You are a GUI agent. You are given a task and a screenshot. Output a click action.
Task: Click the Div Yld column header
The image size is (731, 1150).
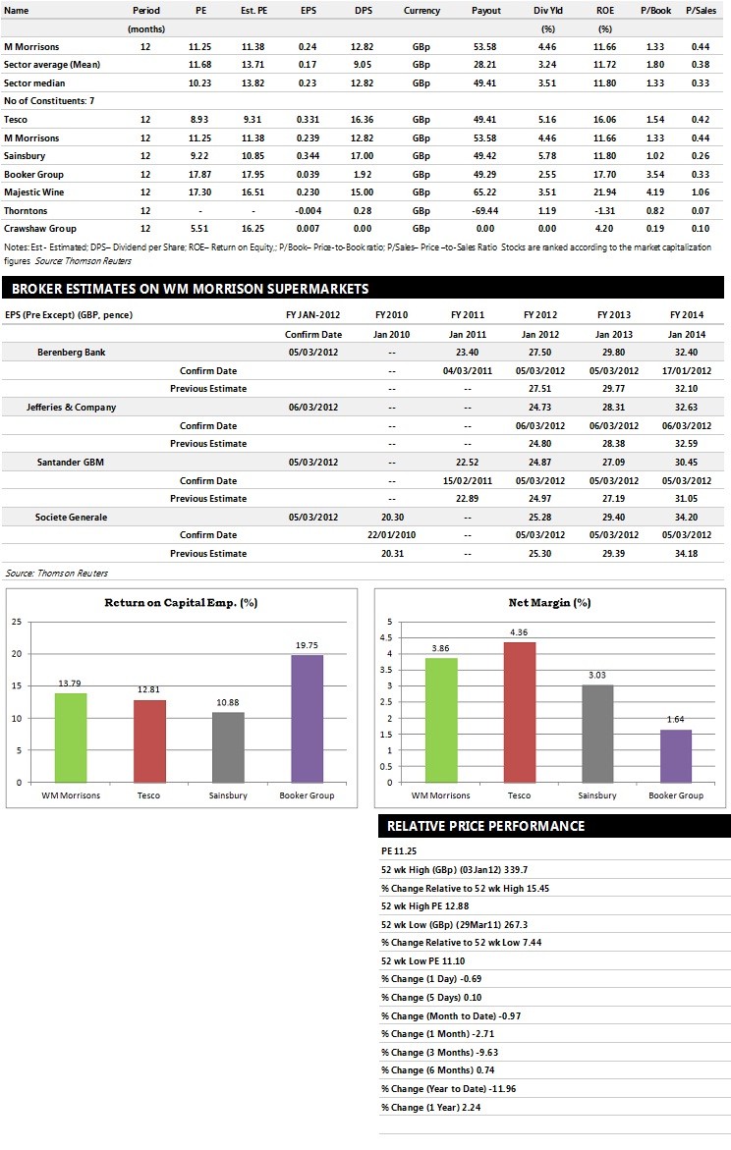(x=547, y=10)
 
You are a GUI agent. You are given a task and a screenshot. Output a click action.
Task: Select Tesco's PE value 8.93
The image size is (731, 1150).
(x=199, y=120)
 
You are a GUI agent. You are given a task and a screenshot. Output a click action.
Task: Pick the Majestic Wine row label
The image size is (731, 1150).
(x=33, y=192)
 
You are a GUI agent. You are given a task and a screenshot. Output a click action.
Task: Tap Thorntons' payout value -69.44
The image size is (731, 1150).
(x=485, y=210)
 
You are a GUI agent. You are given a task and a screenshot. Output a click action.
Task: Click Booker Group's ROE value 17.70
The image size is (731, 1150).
(x=605, y=175)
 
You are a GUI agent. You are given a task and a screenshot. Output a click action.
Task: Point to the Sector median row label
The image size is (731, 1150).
(x=34, y=82)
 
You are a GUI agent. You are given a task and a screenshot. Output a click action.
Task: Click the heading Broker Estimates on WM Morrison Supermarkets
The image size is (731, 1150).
(x=190, y=288)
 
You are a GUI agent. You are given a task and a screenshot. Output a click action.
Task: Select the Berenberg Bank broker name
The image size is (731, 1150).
(x=71, y=352)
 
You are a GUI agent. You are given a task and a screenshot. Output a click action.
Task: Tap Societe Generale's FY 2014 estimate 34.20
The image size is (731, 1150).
(x=686, y=518)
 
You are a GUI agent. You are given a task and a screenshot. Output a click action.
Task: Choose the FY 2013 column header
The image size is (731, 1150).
(x=613, y=314)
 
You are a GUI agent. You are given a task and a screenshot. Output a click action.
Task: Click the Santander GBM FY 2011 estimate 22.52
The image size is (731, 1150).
(x=468, y=462)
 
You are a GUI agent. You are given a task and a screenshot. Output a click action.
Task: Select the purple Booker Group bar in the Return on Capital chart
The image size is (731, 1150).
(x=307, y=719)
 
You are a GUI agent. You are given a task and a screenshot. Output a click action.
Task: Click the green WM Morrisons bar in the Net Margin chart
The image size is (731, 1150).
(x=441, y=720)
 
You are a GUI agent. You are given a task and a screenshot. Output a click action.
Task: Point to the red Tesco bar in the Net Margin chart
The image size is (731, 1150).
(x=520, y=712)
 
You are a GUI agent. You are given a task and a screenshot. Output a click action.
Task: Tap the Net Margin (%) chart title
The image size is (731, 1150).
(x=549, y=602)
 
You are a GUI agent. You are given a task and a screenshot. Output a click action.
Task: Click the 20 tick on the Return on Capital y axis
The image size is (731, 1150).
(x=17, y=653)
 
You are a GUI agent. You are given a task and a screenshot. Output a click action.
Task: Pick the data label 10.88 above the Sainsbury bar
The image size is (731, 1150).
(x=228, y=702)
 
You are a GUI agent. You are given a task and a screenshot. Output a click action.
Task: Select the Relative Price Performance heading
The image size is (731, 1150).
(x=486, y=826)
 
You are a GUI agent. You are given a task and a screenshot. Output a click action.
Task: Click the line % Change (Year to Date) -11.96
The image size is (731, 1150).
(x=448, y=1088)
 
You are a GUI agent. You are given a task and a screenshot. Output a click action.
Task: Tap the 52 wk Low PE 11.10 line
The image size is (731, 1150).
(x=422, y=960)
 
